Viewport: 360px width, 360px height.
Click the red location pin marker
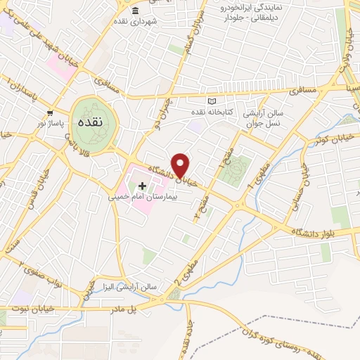181,165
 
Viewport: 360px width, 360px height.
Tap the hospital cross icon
143,186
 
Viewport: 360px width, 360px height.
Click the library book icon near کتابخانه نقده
213,101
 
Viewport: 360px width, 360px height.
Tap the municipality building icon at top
135,12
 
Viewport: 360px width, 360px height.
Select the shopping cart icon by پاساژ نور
50,112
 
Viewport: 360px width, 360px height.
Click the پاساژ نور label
51,123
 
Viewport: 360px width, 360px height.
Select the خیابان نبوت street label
28,308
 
